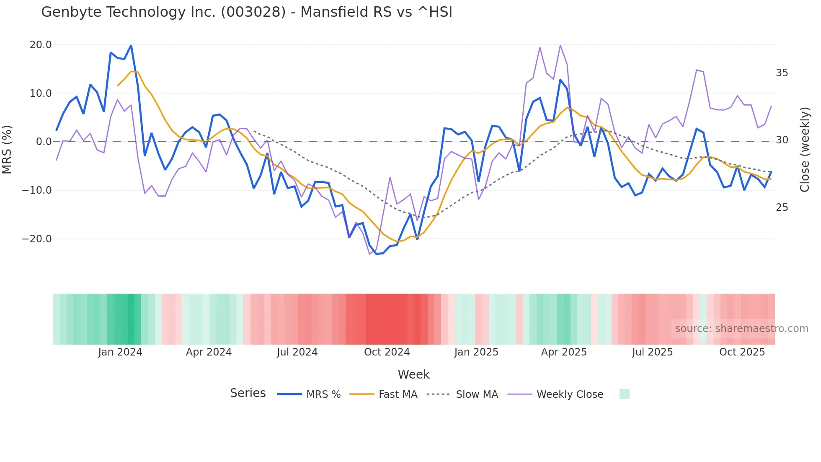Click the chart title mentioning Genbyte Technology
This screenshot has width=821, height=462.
[246, 12]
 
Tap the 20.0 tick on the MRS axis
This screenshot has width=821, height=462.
[41, 45]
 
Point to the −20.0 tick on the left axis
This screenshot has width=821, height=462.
[37, 239]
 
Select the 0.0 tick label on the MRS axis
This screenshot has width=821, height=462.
[44, 142]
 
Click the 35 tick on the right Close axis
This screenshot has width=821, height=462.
[782, 73]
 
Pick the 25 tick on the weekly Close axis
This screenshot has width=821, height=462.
[782, 208]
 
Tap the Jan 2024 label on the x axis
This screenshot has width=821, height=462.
[120, 352]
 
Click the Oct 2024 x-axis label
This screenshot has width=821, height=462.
[387, 352]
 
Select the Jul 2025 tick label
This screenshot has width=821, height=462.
[652, 352]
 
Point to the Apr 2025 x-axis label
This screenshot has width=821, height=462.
[564, 352]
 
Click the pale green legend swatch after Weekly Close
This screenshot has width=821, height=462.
[624, 394]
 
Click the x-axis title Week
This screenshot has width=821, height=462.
[413, 374]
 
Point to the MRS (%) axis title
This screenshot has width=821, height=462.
[7, 149]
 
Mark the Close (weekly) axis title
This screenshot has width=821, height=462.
[804, 149]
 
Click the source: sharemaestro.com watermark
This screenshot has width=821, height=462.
[741, 329]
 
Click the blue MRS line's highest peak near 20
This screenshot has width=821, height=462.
[131, 45]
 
